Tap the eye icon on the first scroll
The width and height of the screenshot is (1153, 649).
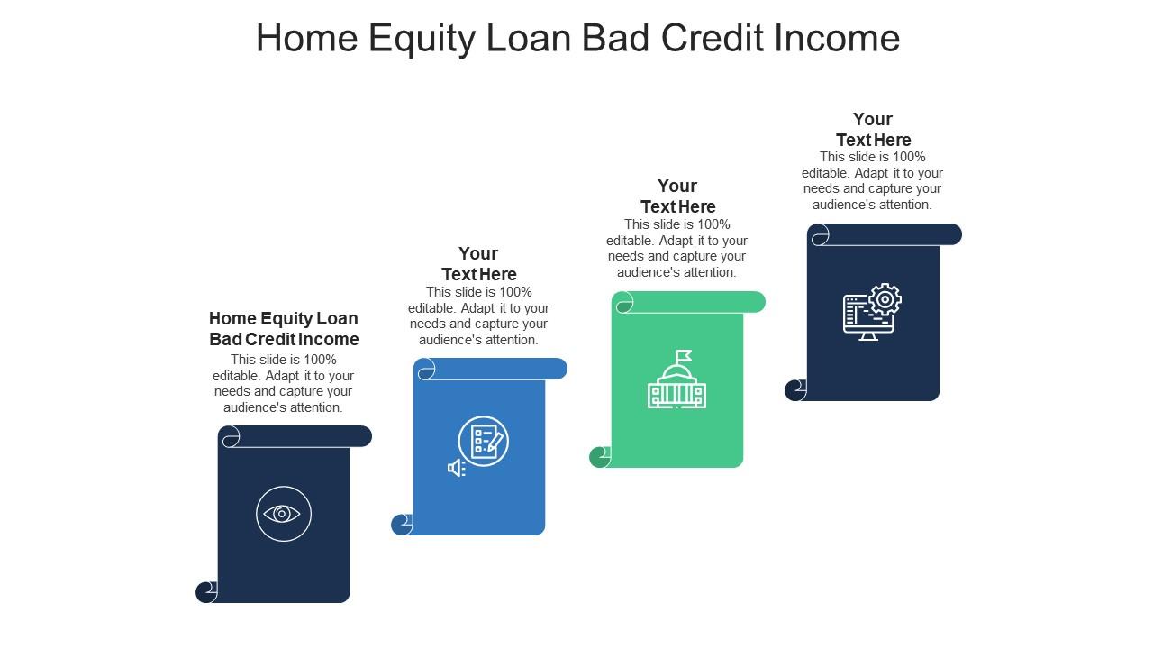[x=283, y=514]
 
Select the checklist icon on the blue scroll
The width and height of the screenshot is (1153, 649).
[x=484, y=441]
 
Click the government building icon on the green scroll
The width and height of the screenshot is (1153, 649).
[x=676, y=386]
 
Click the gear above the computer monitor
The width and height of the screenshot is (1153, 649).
[x=885, y=299]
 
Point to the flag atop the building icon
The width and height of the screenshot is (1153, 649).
[x=684, y=356]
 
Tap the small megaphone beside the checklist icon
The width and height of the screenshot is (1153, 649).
[x=456, y=468]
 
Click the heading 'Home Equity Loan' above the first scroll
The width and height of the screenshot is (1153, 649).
[x=284, y=318]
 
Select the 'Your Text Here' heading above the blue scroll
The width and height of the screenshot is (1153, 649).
[x=478, y=263]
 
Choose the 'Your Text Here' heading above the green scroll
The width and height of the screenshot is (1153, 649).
[x=677, y=196]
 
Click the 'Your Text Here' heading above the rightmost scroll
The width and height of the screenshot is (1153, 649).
[x=873, y=129]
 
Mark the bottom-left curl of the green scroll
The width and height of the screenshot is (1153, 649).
[x=599, y=457]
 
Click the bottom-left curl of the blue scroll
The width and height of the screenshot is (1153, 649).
[x=402, y=525]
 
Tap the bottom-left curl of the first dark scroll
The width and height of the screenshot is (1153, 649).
[x=206, y=592]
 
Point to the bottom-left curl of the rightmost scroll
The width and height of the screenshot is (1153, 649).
[x=795, y=390]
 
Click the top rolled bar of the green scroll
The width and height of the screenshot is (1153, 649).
[x=689, y=302]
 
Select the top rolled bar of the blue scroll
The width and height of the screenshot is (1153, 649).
[x=492, y=369]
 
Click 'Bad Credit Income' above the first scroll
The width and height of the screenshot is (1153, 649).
[x=284, y=339]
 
